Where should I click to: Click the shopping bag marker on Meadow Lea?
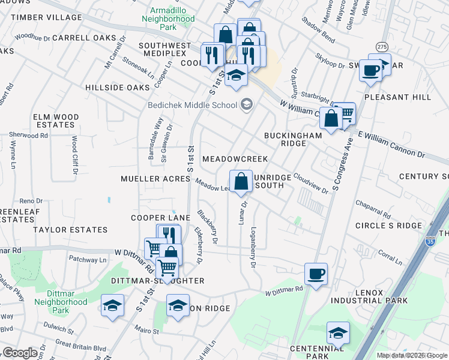(x=241, y=182)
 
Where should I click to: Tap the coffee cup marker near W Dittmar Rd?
(x=316, y=275)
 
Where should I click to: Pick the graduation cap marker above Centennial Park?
(x=338, y=333)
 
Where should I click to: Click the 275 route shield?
(x=382, y=46)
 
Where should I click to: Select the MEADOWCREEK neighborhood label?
(x=235, y=159)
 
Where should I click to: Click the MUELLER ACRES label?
(x=147, y=179)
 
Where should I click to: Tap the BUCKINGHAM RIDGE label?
(x=294, y=140)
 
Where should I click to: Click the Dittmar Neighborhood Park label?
(x=70, y=302)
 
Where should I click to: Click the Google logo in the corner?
(x=19, y=353)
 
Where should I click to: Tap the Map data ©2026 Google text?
(x=412, y=355)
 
